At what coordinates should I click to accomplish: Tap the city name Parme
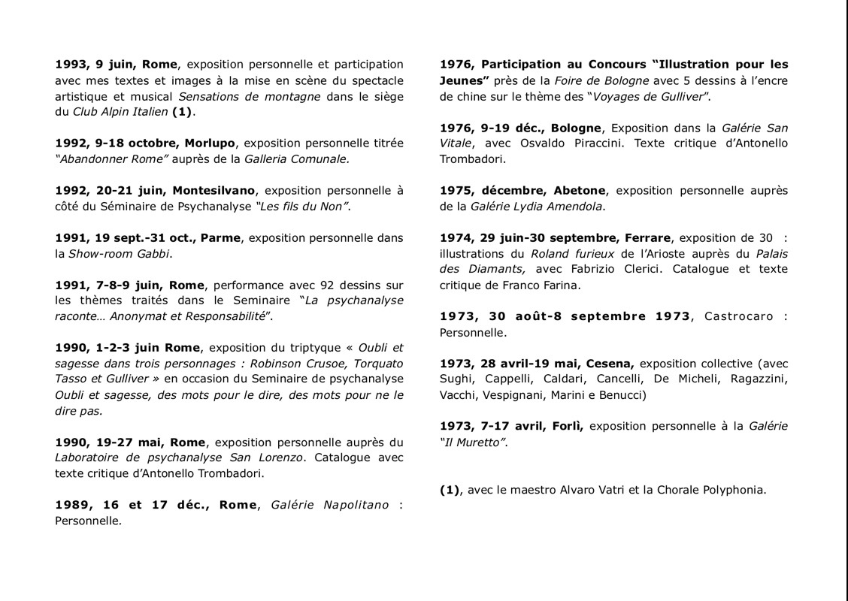pyautogui.click(x=220, y=237)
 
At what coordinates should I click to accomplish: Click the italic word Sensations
pyautogui.click(x=210, y=96)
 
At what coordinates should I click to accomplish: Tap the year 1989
pyautogui.click(x=71, y=504)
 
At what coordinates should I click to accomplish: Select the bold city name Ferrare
pyautogui.click(x=647, y=238)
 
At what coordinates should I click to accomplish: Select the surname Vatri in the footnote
pyautogui.click(x=612, y=490)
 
